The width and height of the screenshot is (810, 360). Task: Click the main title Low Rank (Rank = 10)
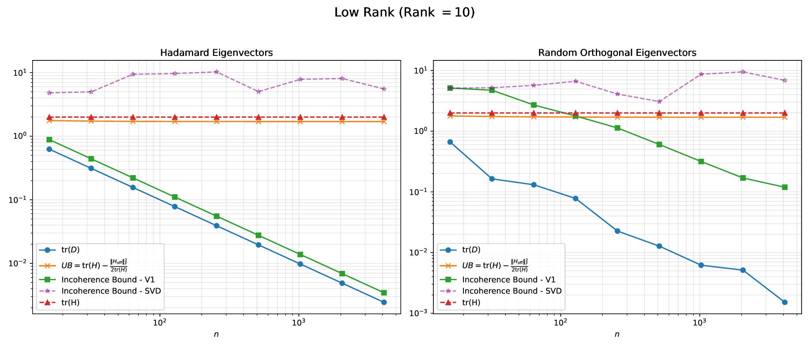tap(404, 13)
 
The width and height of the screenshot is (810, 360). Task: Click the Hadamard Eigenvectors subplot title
tap(216, 53)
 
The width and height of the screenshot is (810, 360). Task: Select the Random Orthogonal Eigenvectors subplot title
tap(617, 53)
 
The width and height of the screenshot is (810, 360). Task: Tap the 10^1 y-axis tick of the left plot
tap(22, 73)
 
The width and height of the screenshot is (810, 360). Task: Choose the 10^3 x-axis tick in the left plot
tap(298, 322)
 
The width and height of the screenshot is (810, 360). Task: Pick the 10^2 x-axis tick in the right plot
tap(560, 322)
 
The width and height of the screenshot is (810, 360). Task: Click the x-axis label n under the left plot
tap(216, 334)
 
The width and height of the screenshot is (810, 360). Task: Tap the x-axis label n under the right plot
tap(617, 334)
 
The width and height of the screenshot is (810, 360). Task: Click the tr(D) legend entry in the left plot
tap(70, 250)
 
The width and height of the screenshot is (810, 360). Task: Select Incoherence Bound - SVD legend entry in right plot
tap(511, 291)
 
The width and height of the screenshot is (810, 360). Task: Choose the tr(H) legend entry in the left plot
tap(70, 302)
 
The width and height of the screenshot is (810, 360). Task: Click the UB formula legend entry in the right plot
tap(495, 265)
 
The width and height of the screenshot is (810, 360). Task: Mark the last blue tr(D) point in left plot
tap(384, 302)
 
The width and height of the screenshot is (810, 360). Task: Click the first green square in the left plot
tap(49, 140)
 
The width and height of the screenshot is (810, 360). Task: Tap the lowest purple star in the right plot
tap(659, 102)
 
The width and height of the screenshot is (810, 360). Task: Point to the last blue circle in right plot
tap(784, 302)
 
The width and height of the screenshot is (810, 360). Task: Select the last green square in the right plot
tap(784, 187)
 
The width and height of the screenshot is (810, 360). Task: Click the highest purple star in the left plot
tap(216, 72)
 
